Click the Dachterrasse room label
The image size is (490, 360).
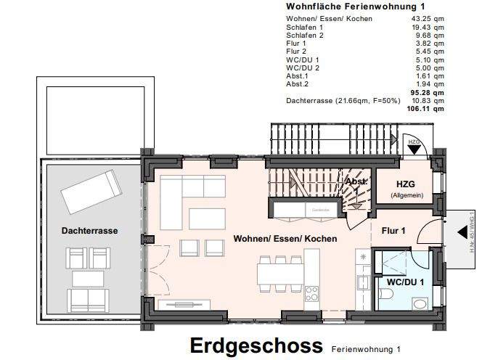point(90,231)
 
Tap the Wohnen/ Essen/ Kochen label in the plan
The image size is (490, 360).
point(285,238)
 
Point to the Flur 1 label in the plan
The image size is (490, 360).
point(393,230)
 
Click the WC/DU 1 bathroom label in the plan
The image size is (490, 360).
point(404,281)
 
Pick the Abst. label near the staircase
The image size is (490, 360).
point(356,181)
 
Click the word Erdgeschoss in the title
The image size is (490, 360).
point(256,345)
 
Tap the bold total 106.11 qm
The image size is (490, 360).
point(426,108)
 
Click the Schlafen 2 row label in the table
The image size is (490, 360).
point(305,36)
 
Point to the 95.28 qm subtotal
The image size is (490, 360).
point(428,92)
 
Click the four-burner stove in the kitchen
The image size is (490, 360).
point(312,294)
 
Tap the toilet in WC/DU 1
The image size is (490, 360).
point(385,294)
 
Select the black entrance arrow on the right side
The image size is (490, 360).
point(462,234)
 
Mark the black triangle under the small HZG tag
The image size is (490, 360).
point(413,150)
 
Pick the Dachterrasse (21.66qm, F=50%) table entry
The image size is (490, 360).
point(343,100)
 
